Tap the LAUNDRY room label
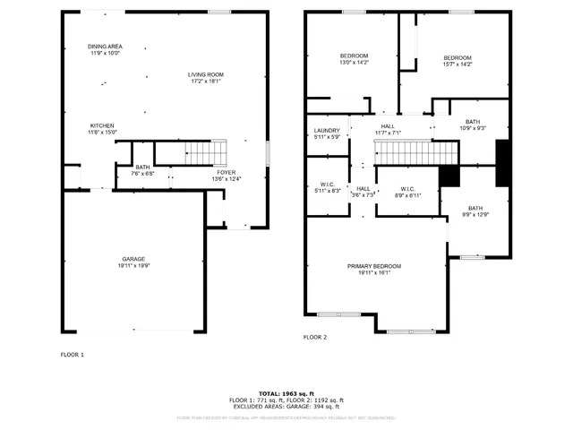(327, 133)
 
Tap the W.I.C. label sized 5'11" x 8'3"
(327, 187)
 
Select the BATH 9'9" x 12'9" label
(474, 211)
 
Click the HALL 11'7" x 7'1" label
(387, 129)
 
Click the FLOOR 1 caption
(73, 355)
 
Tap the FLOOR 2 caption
(315, 337)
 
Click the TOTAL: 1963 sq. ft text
(286, 393)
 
